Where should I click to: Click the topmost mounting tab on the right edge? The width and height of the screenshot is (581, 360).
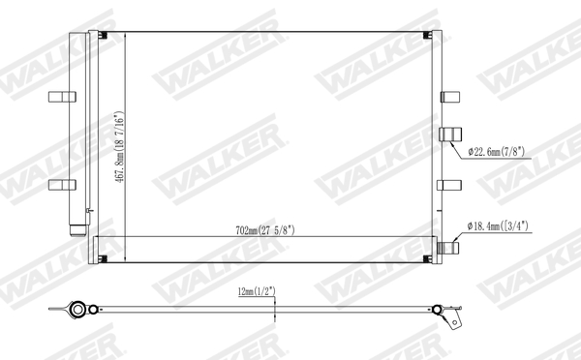point(451,96)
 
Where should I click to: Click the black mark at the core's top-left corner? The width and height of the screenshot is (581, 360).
point(104,38)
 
